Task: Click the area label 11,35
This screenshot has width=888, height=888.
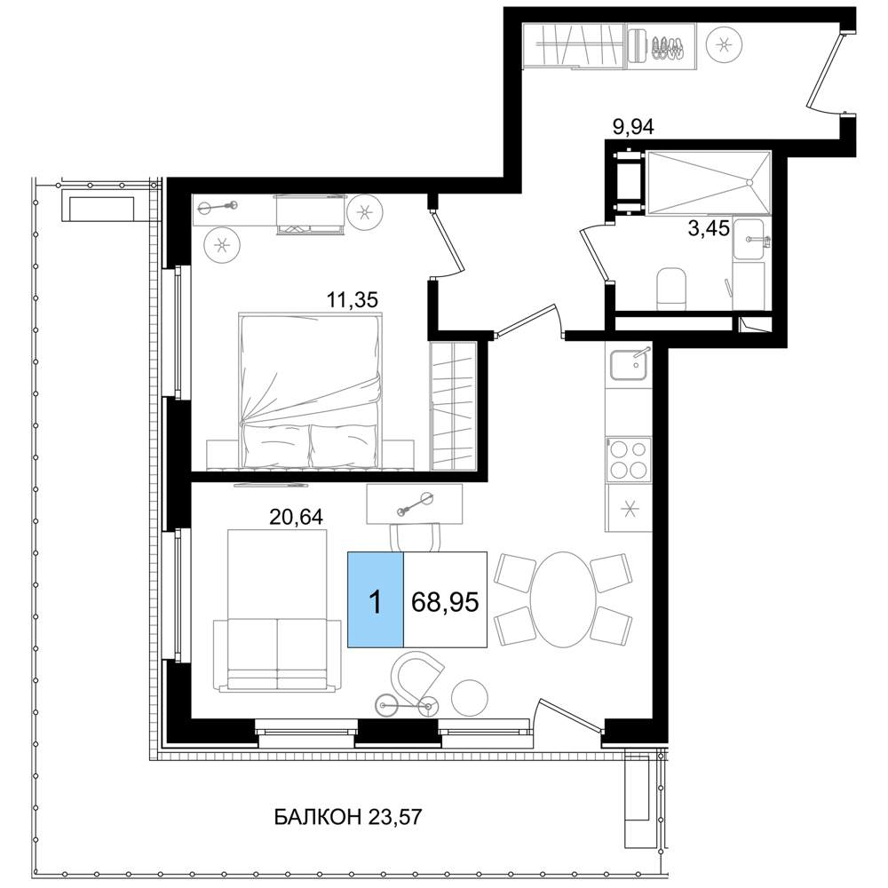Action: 352,299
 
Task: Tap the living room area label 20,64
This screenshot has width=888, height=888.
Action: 296,517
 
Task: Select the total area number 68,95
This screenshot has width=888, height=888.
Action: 445,602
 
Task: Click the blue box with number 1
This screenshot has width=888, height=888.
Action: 376,599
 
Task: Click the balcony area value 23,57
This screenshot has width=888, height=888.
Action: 395,817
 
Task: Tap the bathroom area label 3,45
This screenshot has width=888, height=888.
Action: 709,229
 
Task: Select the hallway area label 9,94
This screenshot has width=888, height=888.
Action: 634,127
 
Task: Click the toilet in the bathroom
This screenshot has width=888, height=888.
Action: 671,289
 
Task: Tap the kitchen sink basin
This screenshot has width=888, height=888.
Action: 630,365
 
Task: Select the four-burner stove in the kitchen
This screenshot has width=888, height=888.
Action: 629,459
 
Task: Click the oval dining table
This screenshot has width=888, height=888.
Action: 563,599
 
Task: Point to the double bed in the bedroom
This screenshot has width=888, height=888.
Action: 310,391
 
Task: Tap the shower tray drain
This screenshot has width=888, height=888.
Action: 749,182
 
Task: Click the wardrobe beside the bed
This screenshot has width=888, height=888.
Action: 453,406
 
